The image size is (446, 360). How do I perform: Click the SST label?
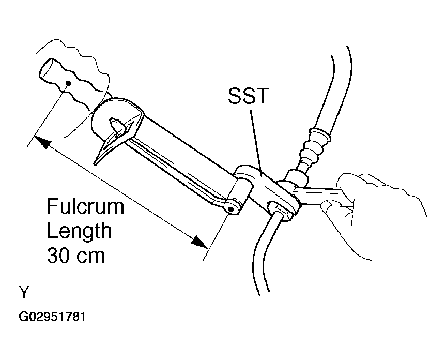point(249,96)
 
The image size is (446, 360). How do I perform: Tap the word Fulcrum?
point(85,206)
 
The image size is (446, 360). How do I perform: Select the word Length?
point(79,231)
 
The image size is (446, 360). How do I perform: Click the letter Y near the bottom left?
point(24,292)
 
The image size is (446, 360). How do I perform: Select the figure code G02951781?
point(52,317)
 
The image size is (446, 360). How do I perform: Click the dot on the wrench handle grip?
point(68,83)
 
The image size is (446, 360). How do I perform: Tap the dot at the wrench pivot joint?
point(231,209)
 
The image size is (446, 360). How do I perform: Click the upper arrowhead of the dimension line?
point(43,142)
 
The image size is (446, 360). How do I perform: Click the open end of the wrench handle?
point(45,68)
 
